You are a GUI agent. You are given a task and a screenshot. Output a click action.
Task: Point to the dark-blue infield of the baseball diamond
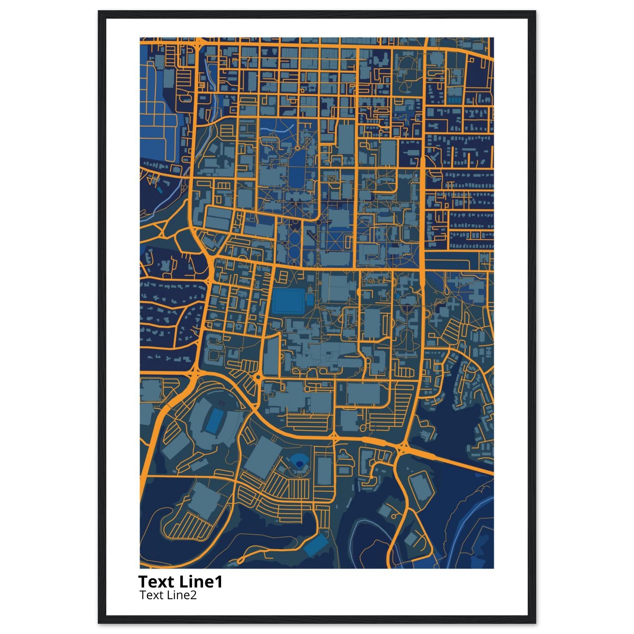299,464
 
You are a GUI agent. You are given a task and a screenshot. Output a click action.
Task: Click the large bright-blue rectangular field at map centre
288,301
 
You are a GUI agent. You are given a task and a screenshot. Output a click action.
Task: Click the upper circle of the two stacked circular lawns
294,239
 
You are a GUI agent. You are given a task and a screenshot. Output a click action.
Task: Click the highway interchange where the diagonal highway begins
401,448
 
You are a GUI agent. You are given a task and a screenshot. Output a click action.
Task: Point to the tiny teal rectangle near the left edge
159,190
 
